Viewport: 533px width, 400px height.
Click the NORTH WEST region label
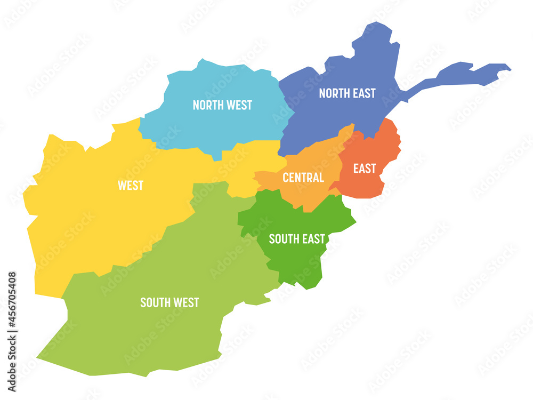pos(222,105)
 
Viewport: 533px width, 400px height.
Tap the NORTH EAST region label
pos(347,93)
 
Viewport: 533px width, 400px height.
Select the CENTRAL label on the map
pos(303,178)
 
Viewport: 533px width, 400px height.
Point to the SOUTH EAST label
pos(296,239)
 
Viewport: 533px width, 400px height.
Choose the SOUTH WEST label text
pos(169,302)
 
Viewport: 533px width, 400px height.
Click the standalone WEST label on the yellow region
pos(131,185)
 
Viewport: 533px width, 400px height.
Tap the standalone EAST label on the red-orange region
pos(365,169)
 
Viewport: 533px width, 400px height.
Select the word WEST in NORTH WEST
pos(239,105)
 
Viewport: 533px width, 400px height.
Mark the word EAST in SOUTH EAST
pos(313,239)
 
